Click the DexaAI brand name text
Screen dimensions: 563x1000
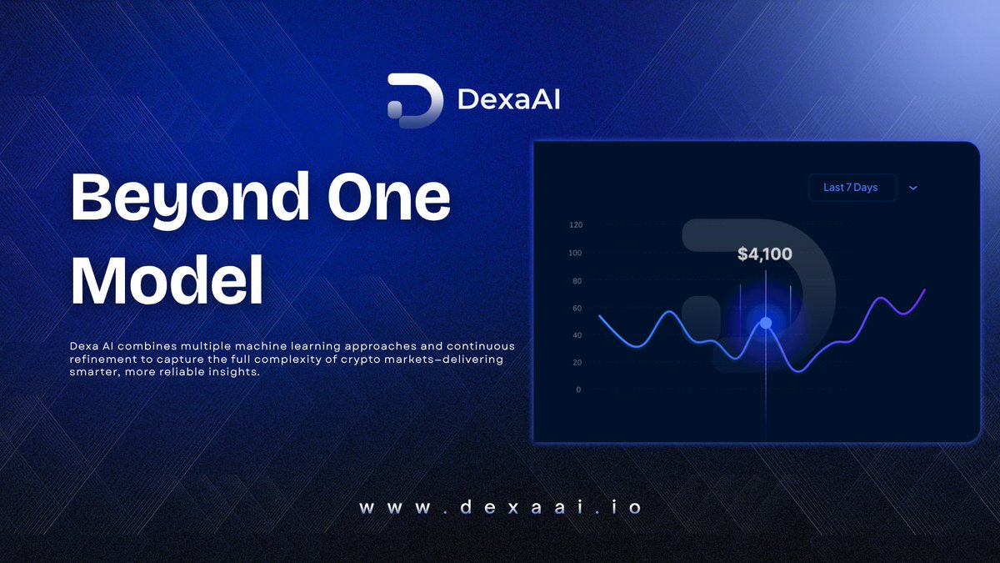coord(508,101)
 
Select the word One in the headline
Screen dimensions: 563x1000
coord(392,200)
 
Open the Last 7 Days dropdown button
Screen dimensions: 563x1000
coord(851,188)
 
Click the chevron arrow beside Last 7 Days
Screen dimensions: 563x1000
coord(912,188)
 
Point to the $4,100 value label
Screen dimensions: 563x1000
coord(764,254)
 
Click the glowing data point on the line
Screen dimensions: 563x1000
coord(766,323)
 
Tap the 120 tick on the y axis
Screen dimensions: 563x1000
coord(576,225)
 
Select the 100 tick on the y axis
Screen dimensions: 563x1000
coord(576,253)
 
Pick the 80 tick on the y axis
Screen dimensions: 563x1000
coord(577,281)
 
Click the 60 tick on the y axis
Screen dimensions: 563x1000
coord(577,309)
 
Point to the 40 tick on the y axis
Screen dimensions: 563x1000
coord(577,335)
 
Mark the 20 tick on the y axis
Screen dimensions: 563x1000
coord(577,363)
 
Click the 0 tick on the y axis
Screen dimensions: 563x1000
coord(578,390)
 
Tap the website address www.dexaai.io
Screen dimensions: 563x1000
coord(500,507)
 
